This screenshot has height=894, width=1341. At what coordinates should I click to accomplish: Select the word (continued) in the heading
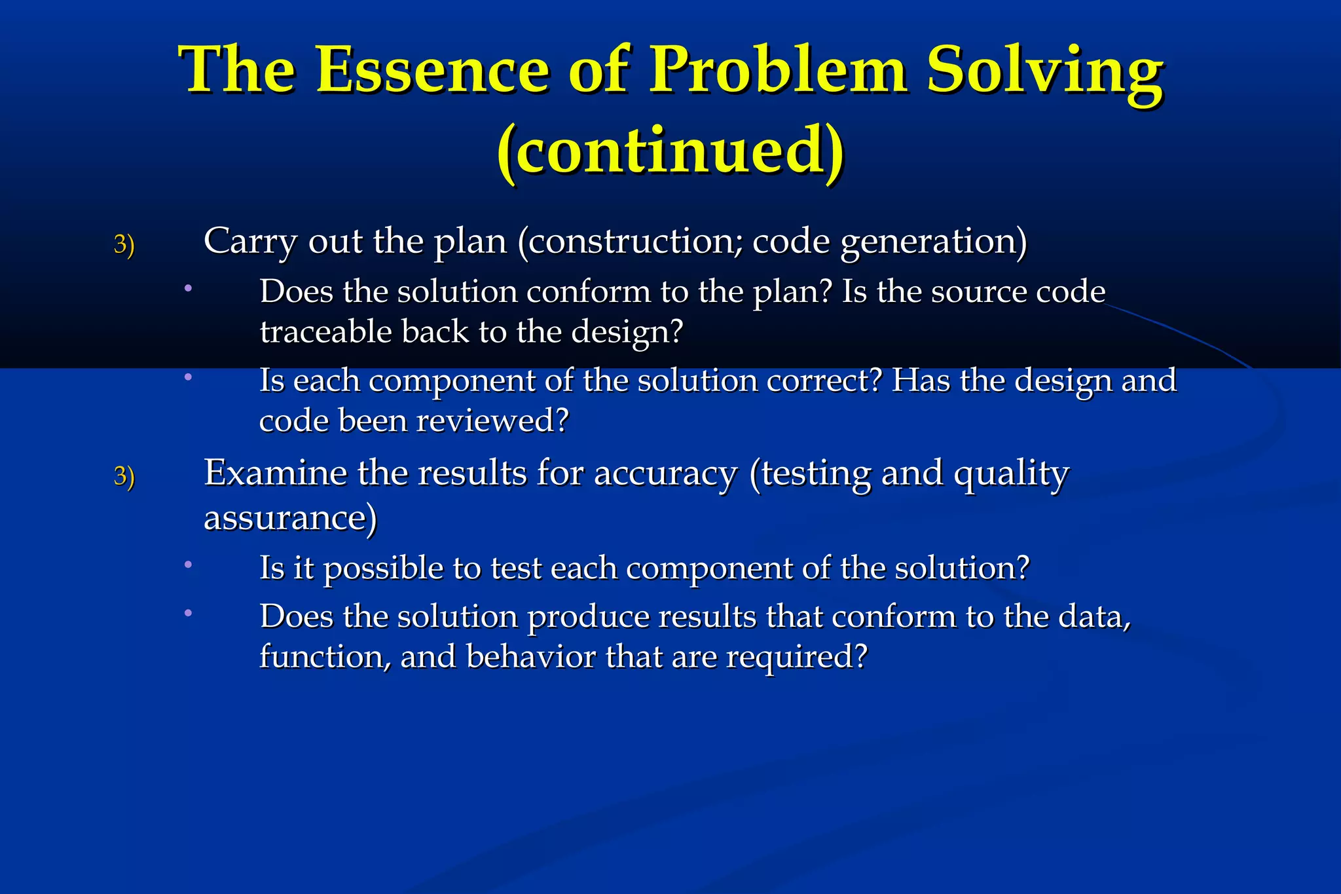coord(670,150)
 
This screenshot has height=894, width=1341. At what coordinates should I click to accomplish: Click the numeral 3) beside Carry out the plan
coord(124,244)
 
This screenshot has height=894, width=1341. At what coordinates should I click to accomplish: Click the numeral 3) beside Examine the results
coord(124,476)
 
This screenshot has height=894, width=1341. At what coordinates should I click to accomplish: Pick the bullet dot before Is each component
coord(188,377)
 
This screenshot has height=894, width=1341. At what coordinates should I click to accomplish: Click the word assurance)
coord(290,518)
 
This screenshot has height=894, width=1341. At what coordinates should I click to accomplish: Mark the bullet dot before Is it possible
coord(188,564)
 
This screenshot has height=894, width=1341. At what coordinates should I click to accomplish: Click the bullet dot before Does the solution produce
coord(188,613)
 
